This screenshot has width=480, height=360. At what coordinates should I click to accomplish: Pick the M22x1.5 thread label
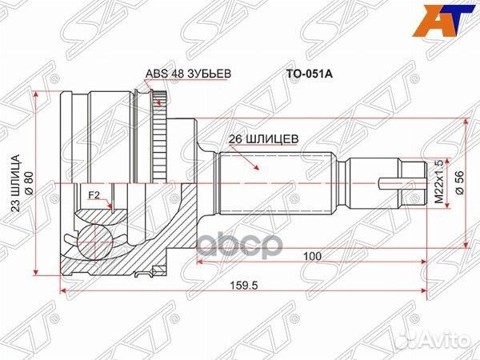coord(438,182)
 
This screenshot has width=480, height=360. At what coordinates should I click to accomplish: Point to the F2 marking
coord(93,194)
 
